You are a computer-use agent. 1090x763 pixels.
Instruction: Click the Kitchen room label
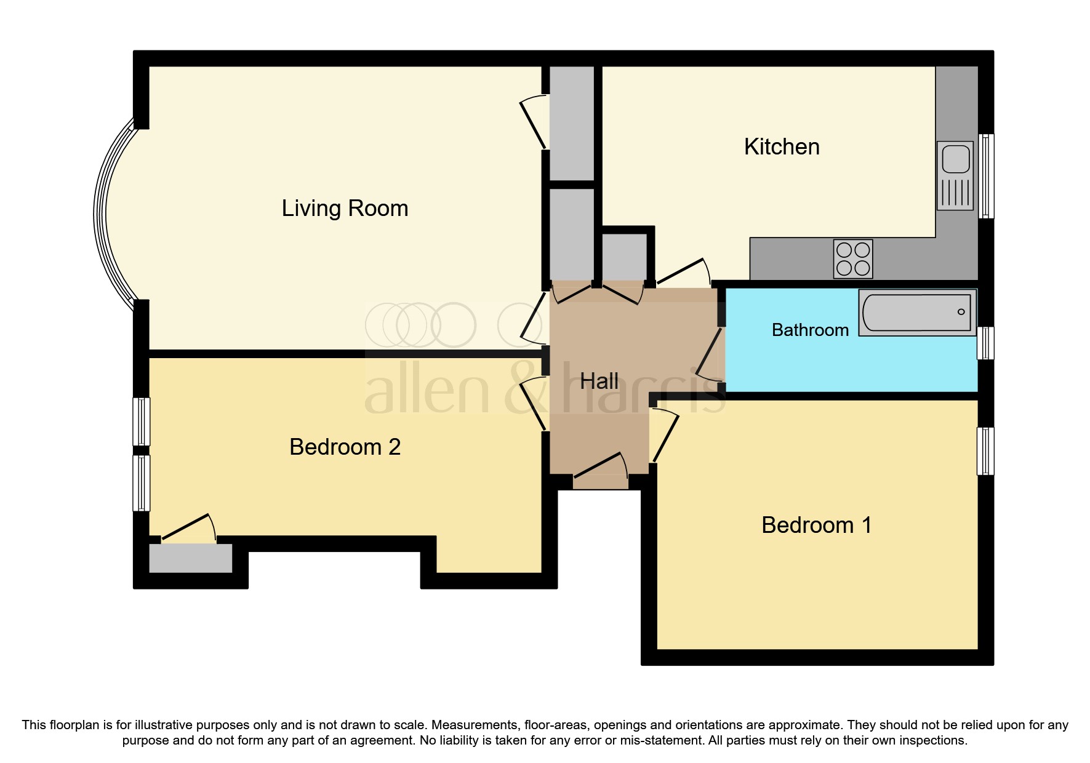(781, 147)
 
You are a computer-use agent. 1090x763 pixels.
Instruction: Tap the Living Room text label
(345, 209)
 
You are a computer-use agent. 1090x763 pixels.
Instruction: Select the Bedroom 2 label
(345, 447)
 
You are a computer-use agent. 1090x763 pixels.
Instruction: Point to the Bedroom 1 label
(816, 525)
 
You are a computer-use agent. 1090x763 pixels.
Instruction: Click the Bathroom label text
(810, 330)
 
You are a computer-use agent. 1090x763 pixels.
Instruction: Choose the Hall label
(599, 381)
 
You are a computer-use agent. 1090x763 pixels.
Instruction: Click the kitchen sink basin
(955, 159)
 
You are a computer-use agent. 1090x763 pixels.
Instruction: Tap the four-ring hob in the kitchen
(852, 258)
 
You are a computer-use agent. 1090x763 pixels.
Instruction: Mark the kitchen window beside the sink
(986, 176)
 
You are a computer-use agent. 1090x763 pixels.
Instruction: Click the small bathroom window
(985, 343)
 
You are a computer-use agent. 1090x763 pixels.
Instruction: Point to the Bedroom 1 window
(985, 451)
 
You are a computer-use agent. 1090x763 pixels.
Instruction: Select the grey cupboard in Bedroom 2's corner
(190, 558)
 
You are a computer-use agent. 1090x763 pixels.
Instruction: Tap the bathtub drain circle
(961, 312)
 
